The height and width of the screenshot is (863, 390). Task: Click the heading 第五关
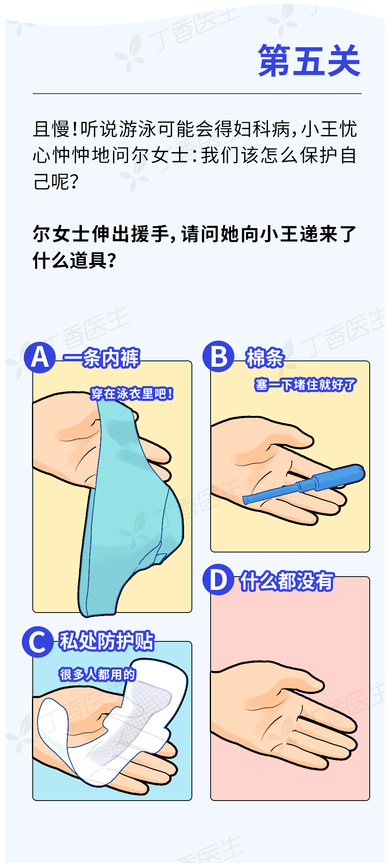309,60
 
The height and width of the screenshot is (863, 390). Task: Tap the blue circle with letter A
40,357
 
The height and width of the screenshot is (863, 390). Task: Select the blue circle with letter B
218,356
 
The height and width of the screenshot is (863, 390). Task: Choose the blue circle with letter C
38,642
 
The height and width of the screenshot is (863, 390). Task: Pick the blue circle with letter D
218,579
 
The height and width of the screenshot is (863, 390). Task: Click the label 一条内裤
101,358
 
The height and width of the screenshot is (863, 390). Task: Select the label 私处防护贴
106,641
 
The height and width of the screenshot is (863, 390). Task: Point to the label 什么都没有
287,581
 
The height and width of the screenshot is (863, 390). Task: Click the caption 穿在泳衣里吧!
132,394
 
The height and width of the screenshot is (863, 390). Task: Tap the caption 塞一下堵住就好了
305,385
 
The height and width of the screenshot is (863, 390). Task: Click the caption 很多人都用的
97,674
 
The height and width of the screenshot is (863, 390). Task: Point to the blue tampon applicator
304,484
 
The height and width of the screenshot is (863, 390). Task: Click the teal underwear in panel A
129,507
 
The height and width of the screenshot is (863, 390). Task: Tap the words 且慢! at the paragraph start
55,129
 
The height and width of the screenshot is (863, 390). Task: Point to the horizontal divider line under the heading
197,94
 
